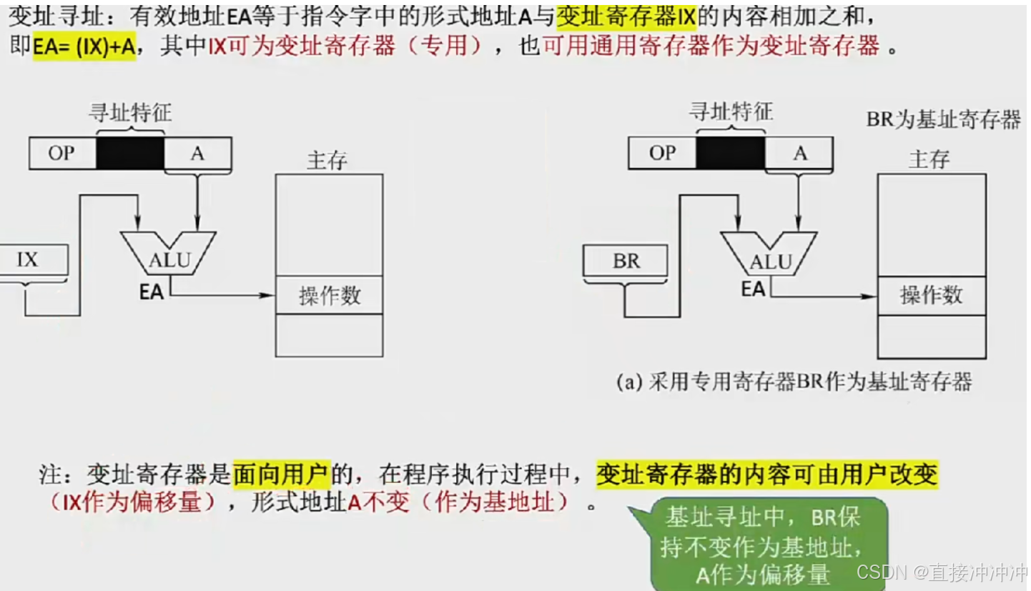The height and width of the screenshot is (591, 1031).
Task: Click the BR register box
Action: [626, 262]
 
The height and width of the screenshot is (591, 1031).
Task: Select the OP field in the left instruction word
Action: [61, 153]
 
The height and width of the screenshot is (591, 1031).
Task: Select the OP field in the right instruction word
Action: [661, 153]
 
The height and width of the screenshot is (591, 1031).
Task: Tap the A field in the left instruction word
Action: [197, 153]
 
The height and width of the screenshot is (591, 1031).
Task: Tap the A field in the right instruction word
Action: [799, 153]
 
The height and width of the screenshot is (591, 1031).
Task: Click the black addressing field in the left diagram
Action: [130, 153]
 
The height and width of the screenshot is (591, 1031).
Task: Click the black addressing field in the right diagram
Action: [730, 153]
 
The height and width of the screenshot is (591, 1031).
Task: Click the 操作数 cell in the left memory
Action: [329, 295]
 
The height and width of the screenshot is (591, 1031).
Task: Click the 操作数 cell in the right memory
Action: [931, 295]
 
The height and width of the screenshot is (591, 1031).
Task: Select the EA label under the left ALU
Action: [152, 292]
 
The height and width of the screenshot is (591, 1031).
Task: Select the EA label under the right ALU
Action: [753, 289]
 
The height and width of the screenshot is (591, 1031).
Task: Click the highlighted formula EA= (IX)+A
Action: [84, 47]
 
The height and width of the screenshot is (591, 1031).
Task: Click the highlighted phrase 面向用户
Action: [282, 474]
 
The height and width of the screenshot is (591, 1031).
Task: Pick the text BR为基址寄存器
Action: [943, 119]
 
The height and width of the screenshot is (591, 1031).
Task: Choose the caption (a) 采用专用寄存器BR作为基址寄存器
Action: [794, 382]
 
